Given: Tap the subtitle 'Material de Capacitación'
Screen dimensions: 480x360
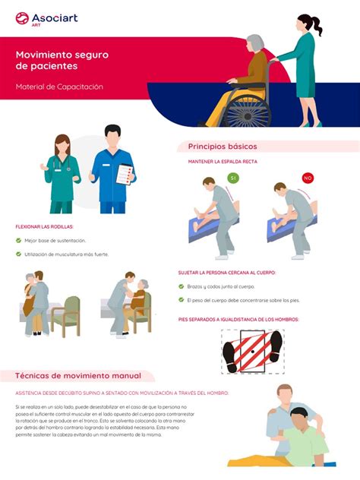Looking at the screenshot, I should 59,87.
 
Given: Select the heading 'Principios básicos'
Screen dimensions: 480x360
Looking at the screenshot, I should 223,146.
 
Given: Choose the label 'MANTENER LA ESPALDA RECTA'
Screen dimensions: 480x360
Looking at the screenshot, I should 223,162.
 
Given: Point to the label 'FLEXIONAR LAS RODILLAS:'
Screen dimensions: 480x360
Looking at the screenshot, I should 45,227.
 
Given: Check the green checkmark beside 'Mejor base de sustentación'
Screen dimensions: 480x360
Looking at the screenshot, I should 18,241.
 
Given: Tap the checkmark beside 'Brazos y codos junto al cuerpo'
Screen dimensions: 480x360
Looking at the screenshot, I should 182,286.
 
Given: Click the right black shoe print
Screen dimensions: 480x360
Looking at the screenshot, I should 275,346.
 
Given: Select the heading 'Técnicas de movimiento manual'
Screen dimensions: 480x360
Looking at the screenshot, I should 79,376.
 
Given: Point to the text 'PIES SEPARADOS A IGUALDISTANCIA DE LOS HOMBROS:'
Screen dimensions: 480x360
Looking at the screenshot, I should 238,320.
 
